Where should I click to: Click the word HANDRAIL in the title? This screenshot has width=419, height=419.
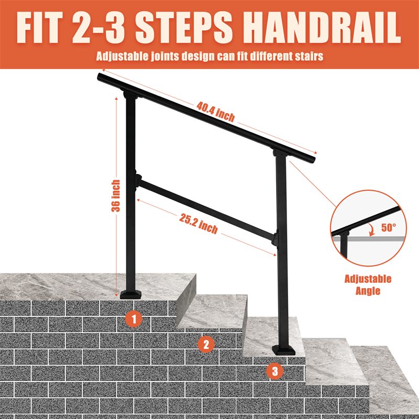click(x=322, y=28)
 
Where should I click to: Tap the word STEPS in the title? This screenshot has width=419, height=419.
click(x=184, y=28)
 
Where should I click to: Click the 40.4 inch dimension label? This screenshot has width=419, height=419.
click(x=216, y=112)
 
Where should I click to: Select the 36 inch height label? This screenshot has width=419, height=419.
click(x=116, y=196)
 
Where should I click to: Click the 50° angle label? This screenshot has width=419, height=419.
click(x=389, y=227)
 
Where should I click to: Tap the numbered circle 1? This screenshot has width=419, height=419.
click(x=134, y=319)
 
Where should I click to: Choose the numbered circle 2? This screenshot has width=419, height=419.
click(x=206, y=344)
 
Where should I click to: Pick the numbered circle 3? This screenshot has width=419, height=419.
click(x=275, y=371)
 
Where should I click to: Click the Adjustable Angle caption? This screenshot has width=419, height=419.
click(x=368, y=285)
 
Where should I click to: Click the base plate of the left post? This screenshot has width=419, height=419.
click(x=131, y=295)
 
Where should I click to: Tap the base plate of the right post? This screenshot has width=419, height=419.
click(x=283, y=350)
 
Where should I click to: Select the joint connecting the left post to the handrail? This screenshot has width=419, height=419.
click(x=130, y=94)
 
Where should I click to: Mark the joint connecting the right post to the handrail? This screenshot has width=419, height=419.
click(x=280, y=153)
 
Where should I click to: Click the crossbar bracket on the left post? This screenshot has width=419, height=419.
click(x=138, y=181)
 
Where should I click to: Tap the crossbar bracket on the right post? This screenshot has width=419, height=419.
click(x=275, y=239)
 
